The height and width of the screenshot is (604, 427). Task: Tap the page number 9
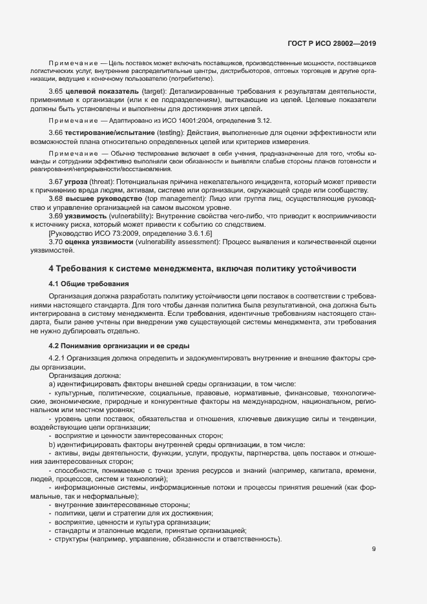374,550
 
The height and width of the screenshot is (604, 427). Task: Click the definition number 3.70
56,241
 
